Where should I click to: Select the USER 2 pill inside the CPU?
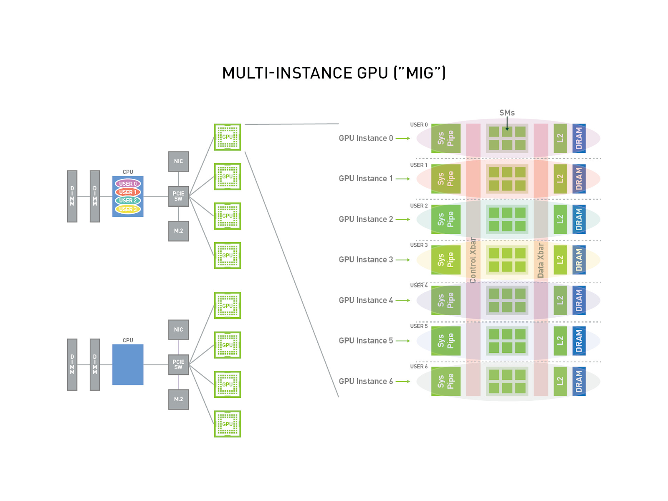(128, 200)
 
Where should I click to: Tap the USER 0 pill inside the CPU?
(128, 184)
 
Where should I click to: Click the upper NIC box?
(178, 161)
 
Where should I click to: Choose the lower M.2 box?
(178, 399)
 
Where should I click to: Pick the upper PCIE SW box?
(178, 196)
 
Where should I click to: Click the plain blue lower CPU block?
(128, 364)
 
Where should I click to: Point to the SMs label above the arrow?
(507, 113)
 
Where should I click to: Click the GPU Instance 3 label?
(366, 260)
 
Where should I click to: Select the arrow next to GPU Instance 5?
(403, 341)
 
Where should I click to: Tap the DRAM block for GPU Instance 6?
(579, 381)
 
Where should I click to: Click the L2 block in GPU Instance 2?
(560, 219)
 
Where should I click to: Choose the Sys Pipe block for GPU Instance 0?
(445, 138)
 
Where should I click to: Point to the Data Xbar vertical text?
(541, 261)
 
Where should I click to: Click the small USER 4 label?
(419, 286)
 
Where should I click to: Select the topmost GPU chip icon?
(228, 137)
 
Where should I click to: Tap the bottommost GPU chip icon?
(228, 424)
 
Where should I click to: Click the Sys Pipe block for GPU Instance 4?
(445, 300)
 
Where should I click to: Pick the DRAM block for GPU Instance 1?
(579, 179)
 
